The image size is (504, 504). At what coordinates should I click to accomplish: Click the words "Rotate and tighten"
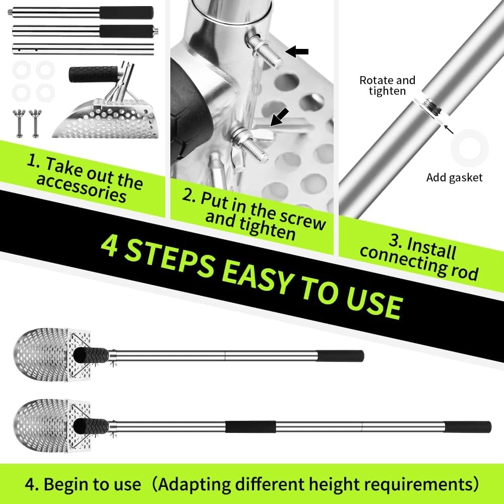(x=387, y=86)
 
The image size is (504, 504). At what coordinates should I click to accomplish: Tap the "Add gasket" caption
(x=454, y=178)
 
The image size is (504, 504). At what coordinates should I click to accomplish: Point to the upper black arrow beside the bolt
(x=297, y=51)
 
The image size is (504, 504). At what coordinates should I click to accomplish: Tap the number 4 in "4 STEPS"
(x=109, y=246)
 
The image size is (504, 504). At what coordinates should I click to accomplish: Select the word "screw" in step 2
(x=302, y=219)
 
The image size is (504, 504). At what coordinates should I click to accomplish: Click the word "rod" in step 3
(x=465, y=271)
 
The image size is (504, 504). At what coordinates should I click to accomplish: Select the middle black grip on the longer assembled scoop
(x=250, y=427)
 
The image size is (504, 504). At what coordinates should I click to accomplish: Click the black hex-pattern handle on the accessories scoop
(x=94, y=74)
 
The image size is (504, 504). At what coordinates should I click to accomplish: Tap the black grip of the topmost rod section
(x=127, y=13)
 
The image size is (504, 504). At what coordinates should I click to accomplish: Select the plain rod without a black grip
(x=83, y=49)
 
